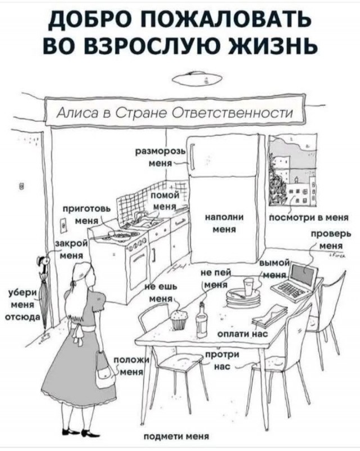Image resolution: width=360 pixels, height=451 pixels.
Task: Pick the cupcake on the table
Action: tap(179, 320)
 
